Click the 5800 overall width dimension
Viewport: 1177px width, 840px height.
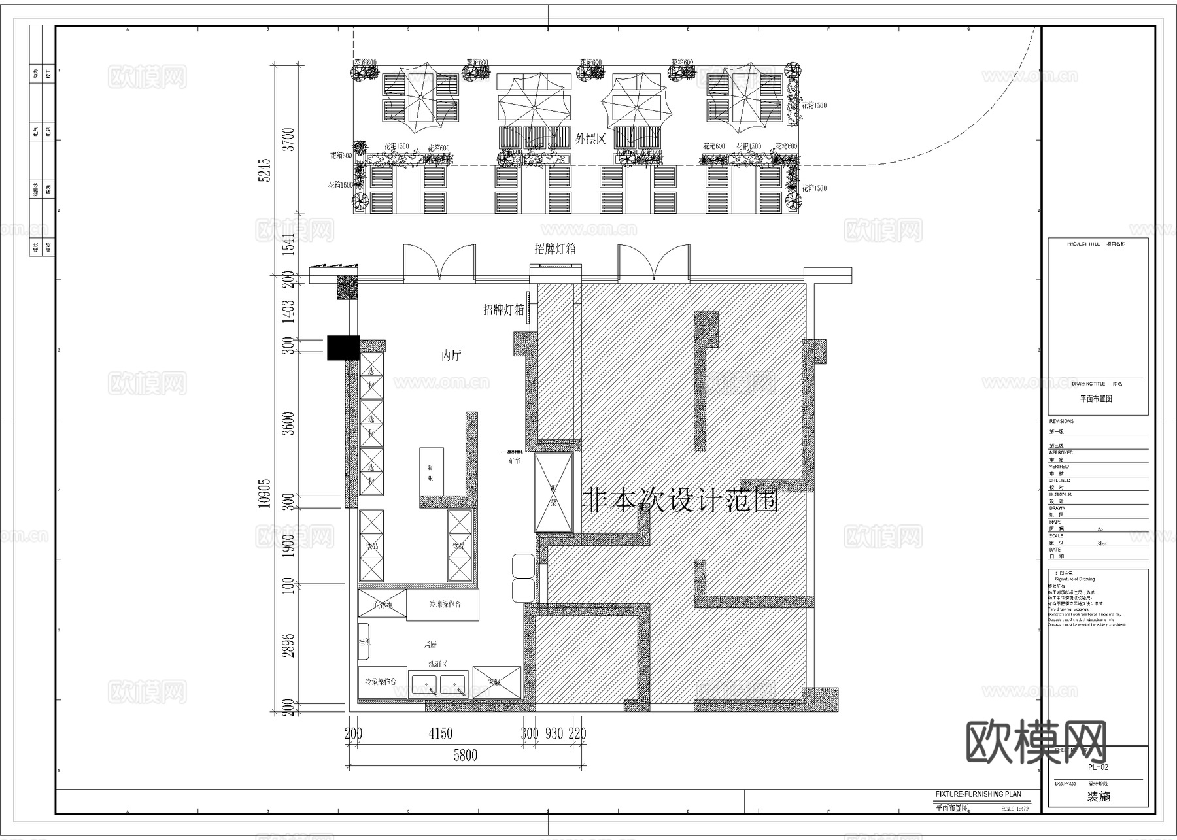point(465,756)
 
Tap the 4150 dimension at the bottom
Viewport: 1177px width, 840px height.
point(440,734)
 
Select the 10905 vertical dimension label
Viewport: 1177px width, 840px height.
point(264,494)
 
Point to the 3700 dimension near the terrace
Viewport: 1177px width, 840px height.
point(288,139)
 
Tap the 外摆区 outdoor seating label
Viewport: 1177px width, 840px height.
point(590,139)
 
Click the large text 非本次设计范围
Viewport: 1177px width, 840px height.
point(680,501)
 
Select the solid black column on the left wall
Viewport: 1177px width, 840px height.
point(343,348)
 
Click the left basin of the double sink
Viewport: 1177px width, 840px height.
point(424,684)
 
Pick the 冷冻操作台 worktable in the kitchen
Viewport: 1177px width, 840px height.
point(443,605)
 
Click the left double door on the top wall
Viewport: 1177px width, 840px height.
point(439,263)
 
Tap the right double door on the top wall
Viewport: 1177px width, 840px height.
point(654,263)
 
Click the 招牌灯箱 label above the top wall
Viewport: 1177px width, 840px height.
point(555,249)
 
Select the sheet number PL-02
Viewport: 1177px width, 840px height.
point(1098,767)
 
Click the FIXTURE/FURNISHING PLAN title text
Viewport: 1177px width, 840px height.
point(978,794)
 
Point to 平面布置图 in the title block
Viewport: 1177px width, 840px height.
point(1096,398)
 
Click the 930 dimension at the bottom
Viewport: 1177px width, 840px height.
point(554,734)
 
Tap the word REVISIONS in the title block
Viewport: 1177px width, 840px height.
point(1061,421)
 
